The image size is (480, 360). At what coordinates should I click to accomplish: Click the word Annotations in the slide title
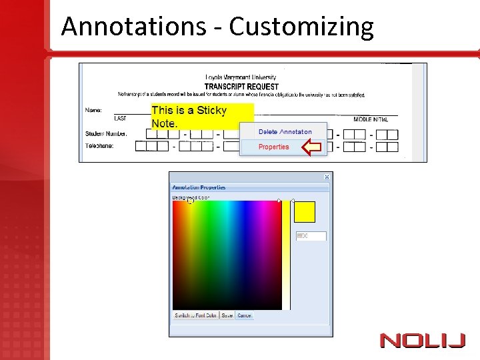click(x=133, y=27)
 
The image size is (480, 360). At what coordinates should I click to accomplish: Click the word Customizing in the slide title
click(x=301, y=27)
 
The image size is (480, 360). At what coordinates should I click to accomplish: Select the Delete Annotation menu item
click(x=285, y=132)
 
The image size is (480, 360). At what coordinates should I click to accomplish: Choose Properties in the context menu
click(x=273, y=147)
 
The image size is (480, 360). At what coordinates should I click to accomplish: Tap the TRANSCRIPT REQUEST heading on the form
click(x=241, y=87)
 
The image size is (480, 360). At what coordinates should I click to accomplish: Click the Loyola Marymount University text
click(x=241, y=78)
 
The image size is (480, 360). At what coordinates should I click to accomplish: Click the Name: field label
click(x=93, y=109)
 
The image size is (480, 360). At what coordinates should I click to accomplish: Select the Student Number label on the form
click(x=106, y=133)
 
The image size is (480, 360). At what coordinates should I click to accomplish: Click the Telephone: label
click(x=99, y=145)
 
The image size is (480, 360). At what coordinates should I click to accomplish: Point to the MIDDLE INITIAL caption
click(x=371, y=119)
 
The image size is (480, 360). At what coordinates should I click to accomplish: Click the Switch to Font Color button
click(x=195, y=315)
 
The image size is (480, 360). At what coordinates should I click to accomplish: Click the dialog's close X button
click(x=327, y=177)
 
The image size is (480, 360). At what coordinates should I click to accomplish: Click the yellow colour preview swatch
click(x=305, y=212)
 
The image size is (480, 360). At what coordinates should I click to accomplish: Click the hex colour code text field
click(x=311, y=236)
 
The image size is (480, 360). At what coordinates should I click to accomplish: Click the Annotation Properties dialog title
click(x=199, y=187)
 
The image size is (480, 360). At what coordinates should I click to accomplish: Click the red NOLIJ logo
click(x=422, y=341)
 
